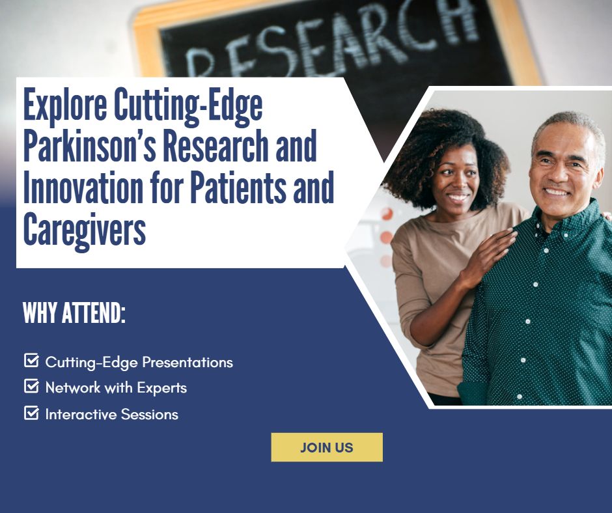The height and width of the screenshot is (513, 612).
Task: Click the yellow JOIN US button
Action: [326, 447]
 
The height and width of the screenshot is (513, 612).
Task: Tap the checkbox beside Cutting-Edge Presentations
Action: [31, 361]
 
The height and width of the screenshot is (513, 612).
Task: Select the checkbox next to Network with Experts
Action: [31, 387]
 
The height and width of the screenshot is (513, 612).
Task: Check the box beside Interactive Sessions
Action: [31, 413]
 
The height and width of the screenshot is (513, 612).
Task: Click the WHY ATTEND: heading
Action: [74, 313]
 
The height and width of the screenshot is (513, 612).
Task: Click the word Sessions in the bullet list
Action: [154, 414]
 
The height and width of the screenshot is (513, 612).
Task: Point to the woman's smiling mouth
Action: [457, 196]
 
